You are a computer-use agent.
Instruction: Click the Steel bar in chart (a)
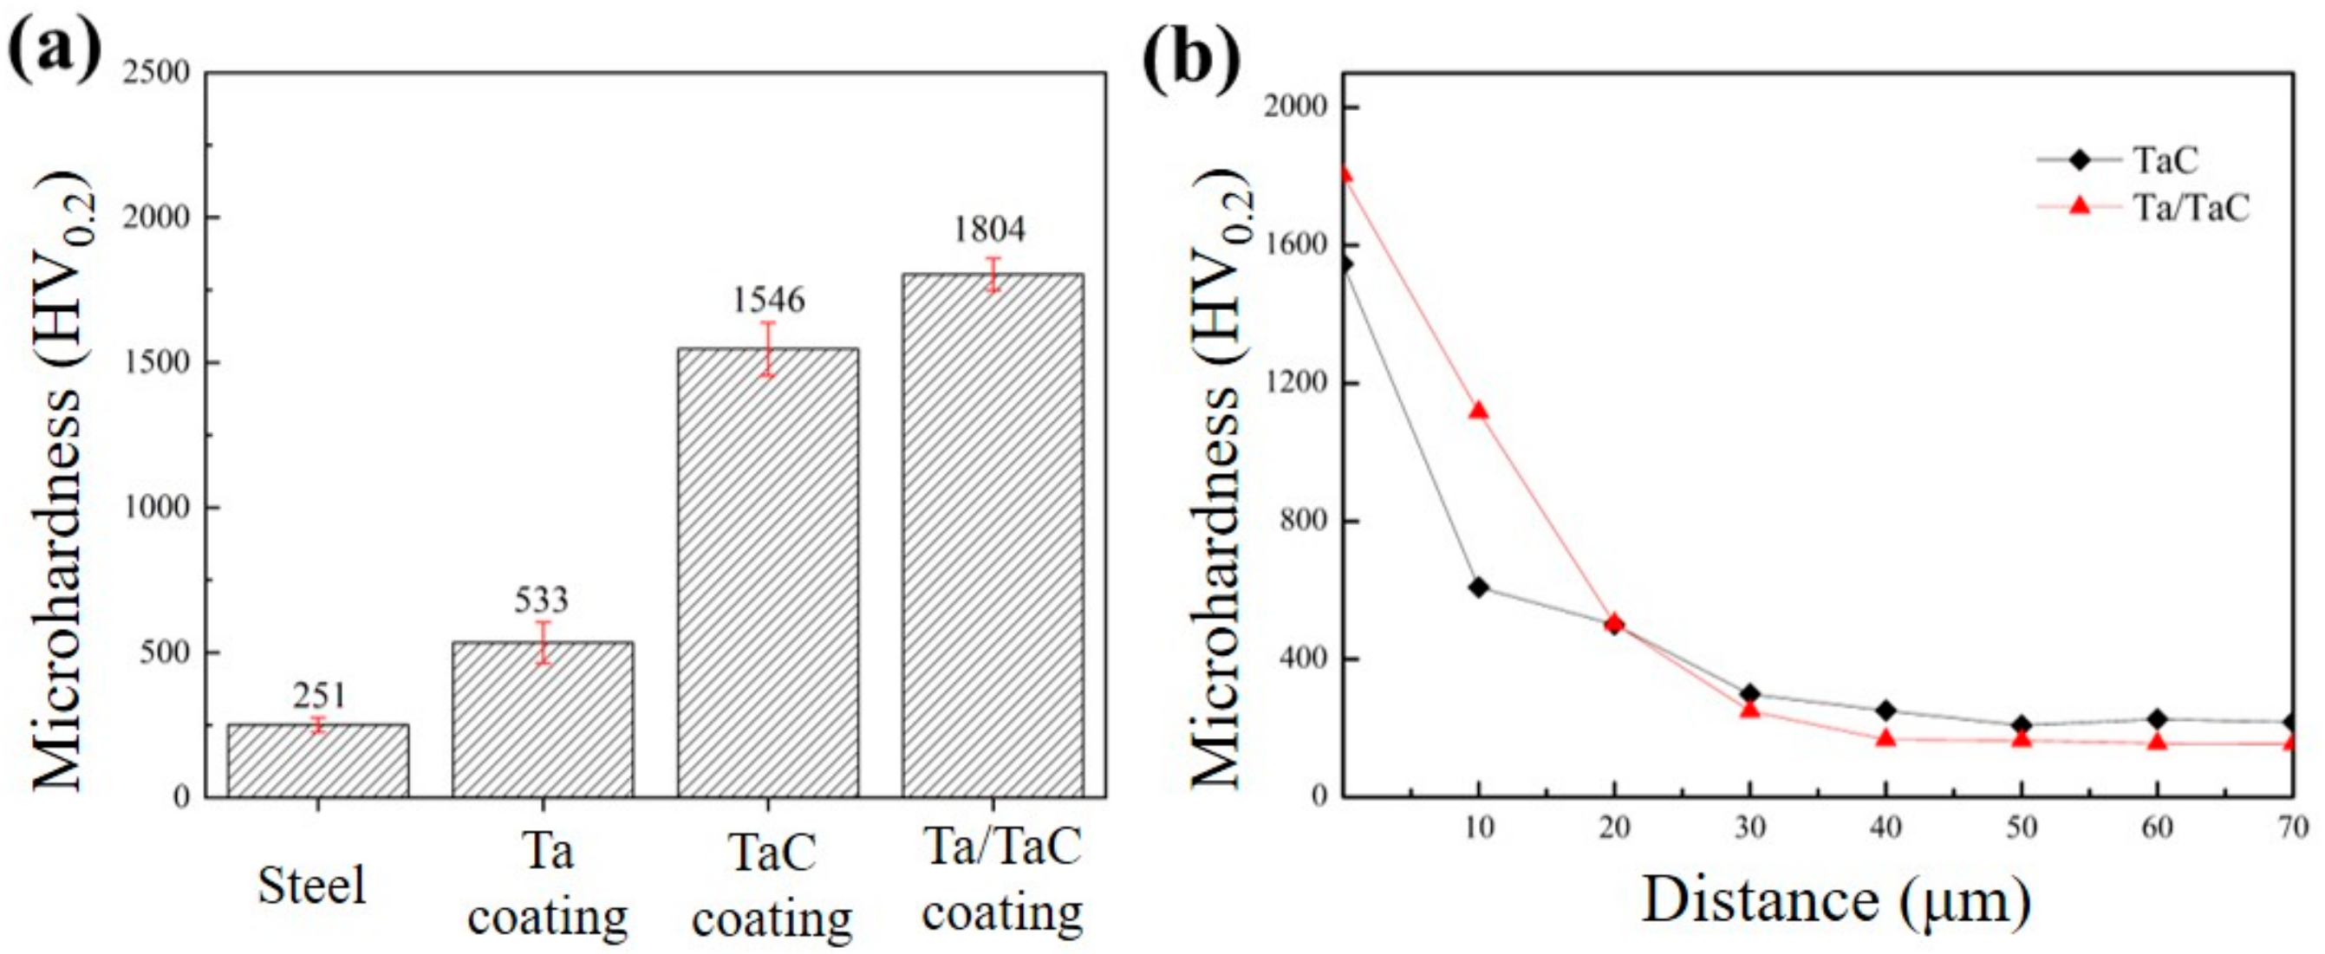[x=317, y=761]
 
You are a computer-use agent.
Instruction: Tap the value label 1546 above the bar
[x=767, y=300]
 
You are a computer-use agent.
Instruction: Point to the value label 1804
[x=990, y=230]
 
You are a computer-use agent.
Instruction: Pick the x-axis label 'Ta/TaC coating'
[x=1002, y=880]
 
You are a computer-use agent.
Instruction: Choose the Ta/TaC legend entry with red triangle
[x=2144, y=208]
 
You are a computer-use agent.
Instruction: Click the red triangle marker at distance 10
[x=1478, y=411]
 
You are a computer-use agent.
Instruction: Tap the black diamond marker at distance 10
[x=1478, y=587]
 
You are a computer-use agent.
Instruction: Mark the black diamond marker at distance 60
[x=2158, y=719]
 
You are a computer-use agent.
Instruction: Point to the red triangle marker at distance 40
[x=1885, y=738]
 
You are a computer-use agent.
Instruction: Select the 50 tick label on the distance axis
[x=2022, y=827]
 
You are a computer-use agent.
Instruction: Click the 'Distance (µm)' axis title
[x=1837, y=901]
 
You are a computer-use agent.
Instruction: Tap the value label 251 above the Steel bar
[x=319, y=695]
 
